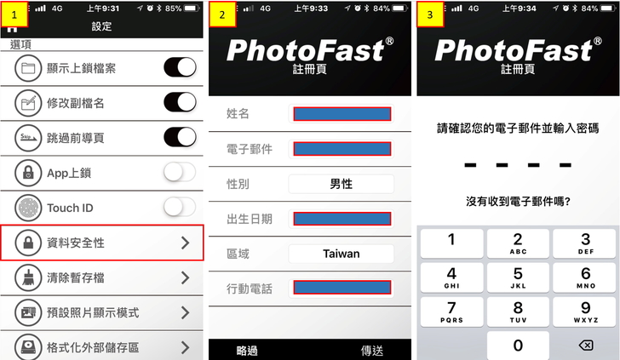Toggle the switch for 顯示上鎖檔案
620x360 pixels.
click(x=180, y=67)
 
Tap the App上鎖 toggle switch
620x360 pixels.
click(x=180, y=172)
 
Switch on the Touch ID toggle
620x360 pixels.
click(x=180, y=207)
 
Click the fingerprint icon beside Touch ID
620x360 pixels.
click(x=28, y=208)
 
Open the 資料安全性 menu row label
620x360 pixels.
click(x=76, y=243)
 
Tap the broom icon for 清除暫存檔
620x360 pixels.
click(x=28, y=277)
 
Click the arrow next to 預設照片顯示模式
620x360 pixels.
click(x=185, y=312)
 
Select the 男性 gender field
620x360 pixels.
click(x=342, y=184)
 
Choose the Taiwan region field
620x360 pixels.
click(x=342, y=254)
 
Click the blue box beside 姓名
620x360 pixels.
click(x=342, y=114)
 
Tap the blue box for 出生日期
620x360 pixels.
click(x=342, y=219)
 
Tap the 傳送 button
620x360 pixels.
click(x=371, y=350)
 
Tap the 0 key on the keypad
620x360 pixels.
click(x=518, y=346)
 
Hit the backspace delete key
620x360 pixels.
click(x=586, y=346)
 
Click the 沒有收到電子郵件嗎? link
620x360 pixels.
click(x=518, y=202)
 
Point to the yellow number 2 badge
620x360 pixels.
click(x=222, y=14)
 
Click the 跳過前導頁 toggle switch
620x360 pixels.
click(x=180, y=137)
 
